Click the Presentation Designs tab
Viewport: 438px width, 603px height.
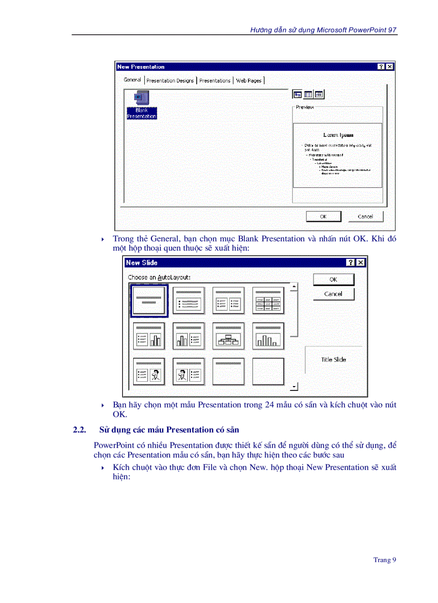pos(170,81)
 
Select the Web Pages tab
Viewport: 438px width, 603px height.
pos(249,81)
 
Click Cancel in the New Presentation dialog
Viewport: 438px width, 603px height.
pos(365,216)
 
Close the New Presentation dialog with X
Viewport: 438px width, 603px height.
pos(390,67)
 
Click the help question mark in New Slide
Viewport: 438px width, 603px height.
pos(351,263)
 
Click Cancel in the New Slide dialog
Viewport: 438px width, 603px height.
pos(333,294)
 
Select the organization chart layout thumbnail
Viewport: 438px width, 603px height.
pos(229,336)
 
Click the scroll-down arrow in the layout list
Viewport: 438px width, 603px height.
pos(294,386)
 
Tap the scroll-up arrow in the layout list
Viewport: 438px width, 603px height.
pos(294,287)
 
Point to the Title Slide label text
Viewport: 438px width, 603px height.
pos(333,360)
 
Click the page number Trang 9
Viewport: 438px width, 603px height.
pos(384,560)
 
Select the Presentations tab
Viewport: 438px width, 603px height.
pos(215,81)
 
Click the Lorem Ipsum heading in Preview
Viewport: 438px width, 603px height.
pos(338,135)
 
